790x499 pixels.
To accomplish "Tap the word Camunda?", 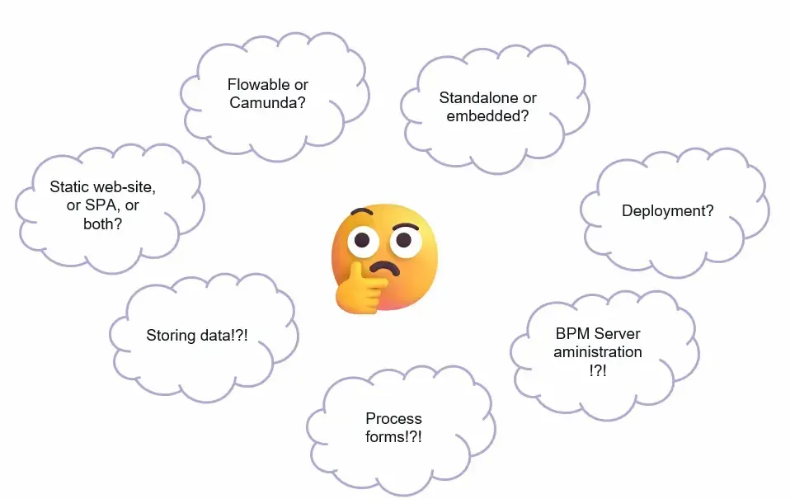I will [268, 104].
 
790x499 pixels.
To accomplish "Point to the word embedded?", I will [487, 116].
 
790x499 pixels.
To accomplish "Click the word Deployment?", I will [667, 210].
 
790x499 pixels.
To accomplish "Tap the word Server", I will [617, 333].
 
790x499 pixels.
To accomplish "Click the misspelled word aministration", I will [598, 352].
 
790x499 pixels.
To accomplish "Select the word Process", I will [393, 418].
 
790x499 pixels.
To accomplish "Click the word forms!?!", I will [393, 437].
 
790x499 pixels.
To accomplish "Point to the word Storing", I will [172, 335].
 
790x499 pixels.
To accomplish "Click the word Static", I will [68, 187].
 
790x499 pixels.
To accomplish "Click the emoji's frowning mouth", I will [383, 269].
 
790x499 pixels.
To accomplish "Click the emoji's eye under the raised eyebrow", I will [402, 240].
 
